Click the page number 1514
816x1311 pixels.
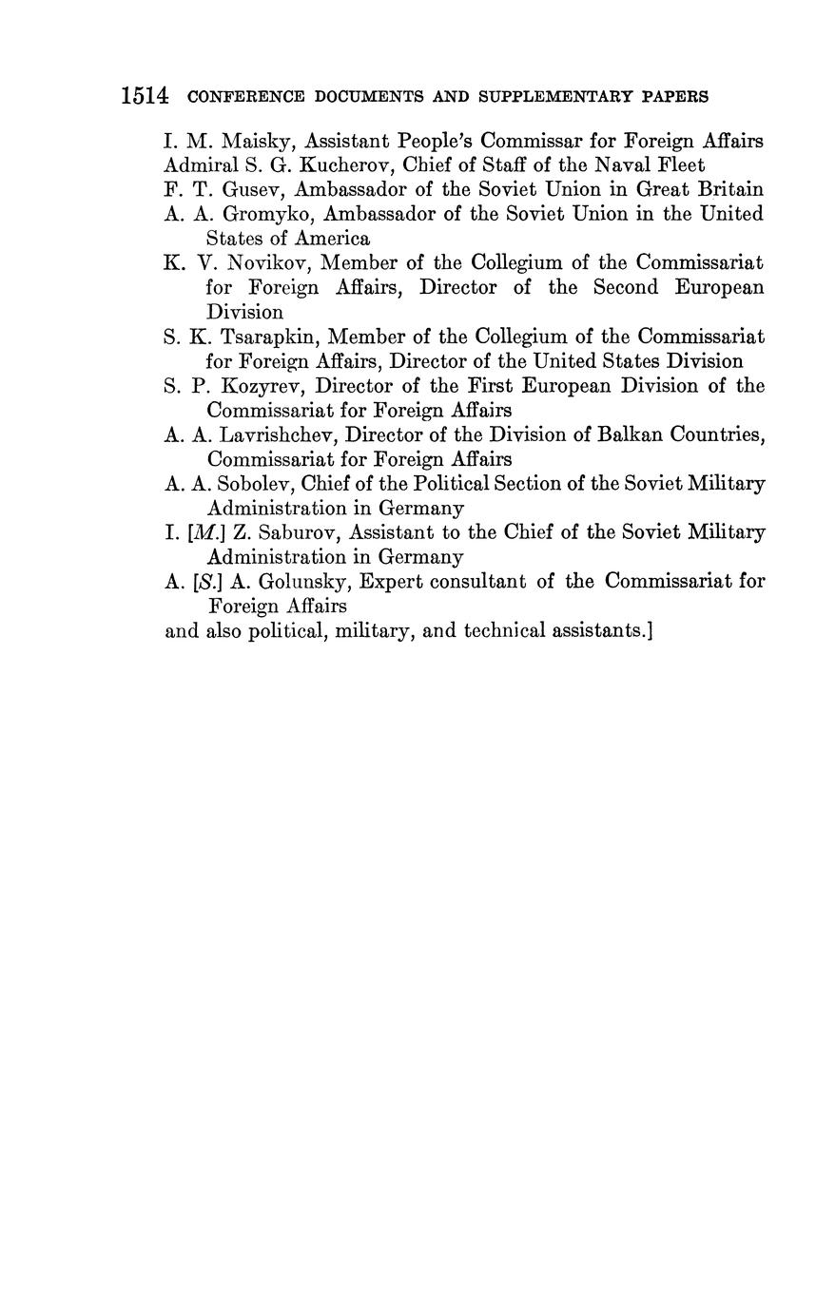click(x=145, y=96)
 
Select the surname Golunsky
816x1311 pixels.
click(x=289, y=581)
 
